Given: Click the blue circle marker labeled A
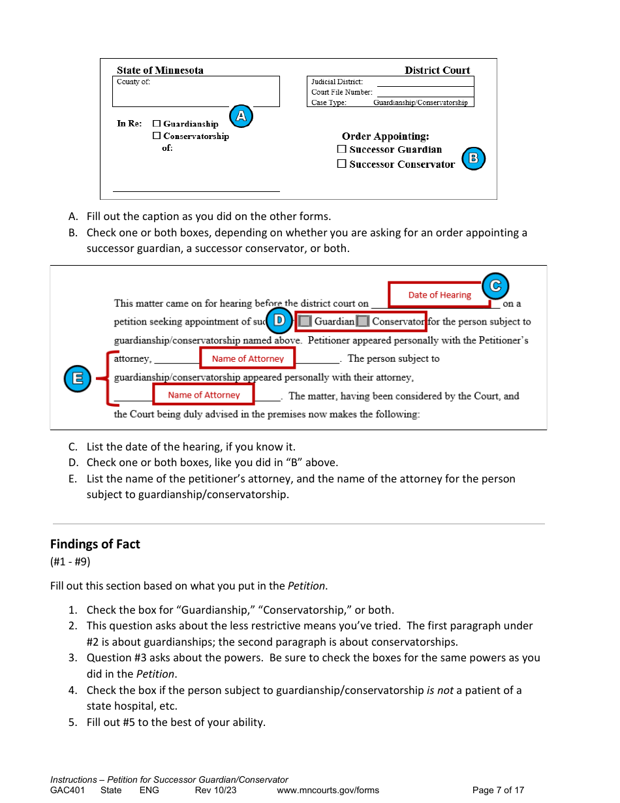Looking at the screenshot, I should click(241, 116).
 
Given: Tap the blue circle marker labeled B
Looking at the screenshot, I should click(473, 158).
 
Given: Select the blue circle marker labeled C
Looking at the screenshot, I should click(495, 286).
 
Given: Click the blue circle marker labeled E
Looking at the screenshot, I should click(78, 379).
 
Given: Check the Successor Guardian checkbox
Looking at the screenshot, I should click(341, 149).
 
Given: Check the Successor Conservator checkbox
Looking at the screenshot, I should click(341, 164).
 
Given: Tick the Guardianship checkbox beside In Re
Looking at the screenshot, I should click(157, 123).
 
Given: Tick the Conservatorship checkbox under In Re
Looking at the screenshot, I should click(157, 136).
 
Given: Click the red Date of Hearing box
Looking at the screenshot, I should click(439, 295).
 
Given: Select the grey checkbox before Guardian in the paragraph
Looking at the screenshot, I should click(305, 321).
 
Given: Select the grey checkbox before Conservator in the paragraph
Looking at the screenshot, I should click(363, 321).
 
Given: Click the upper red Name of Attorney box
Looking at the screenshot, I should click(248, 358).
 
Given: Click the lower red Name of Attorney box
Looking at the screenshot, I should click(204, 395).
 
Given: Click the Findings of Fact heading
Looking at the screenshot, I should click(95, 544).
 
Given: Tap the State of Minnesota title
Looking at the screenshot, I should click(160, 71).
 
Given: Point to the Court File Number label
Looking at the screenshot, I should click(342, 92).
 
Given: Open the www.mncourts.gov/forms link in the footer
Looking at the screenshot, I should click(328, 790).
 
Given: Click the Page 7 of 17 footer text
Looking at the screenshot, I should click(498, 790).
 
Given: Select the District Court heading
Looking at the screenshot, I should click(437, 71).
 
